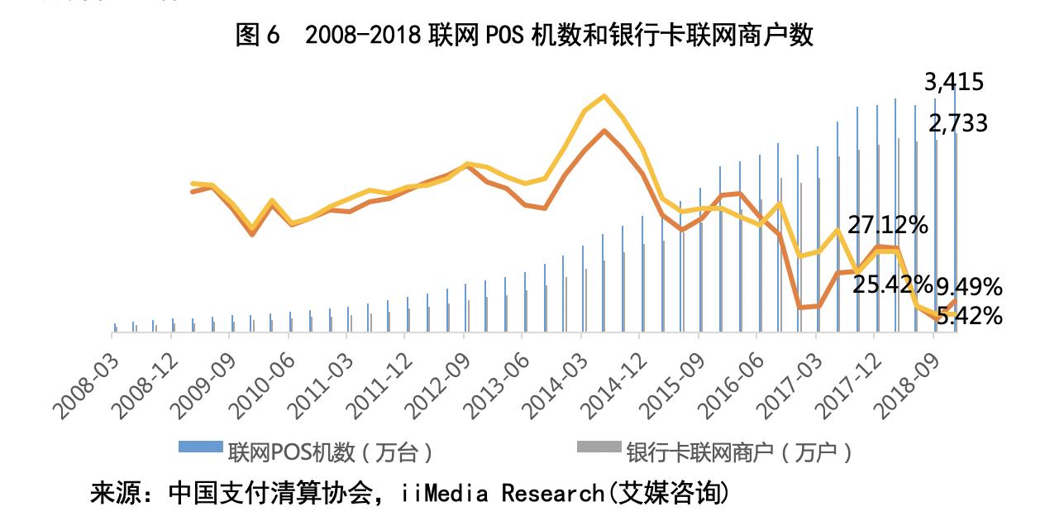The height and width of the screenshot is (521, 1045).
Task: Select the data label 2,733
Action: (x=957, y=124)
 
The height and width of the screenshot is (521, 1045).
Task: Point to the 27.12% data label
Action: (x=887, y=225)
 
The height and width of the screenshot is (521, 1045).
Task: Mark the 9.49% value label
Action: (x=969, y=287)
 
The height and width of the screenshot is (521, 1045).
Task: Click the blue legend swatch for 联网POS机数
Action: (x=201, y=447)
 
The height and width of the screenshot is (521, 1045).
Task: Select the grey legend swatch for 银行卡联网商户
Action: (x=598, y=447)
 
